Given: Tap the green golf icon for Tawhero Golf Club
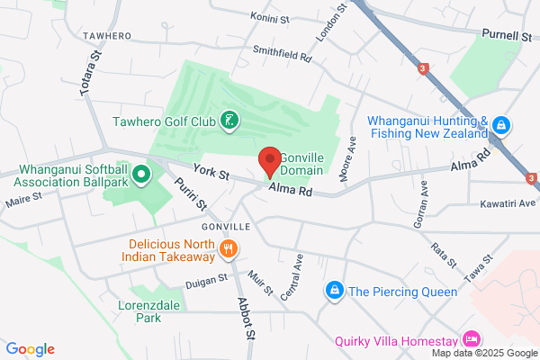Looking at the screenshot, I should tap(229, 121).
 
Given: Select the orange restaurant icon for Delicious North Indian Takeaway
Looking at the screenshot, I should tap(229, 249).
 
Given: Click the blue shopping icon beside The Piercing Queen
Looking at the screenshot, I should tap(334, 290).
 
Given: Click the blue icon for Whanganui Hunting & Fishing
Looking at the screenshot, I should tap(501, 127).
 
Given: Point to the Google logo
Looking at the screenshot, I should tap(30, 349).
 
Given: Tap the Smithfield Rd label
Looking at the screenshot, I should tap(281, 54).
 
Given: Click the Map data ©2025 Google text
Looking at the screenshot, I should tap(490, 351).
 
